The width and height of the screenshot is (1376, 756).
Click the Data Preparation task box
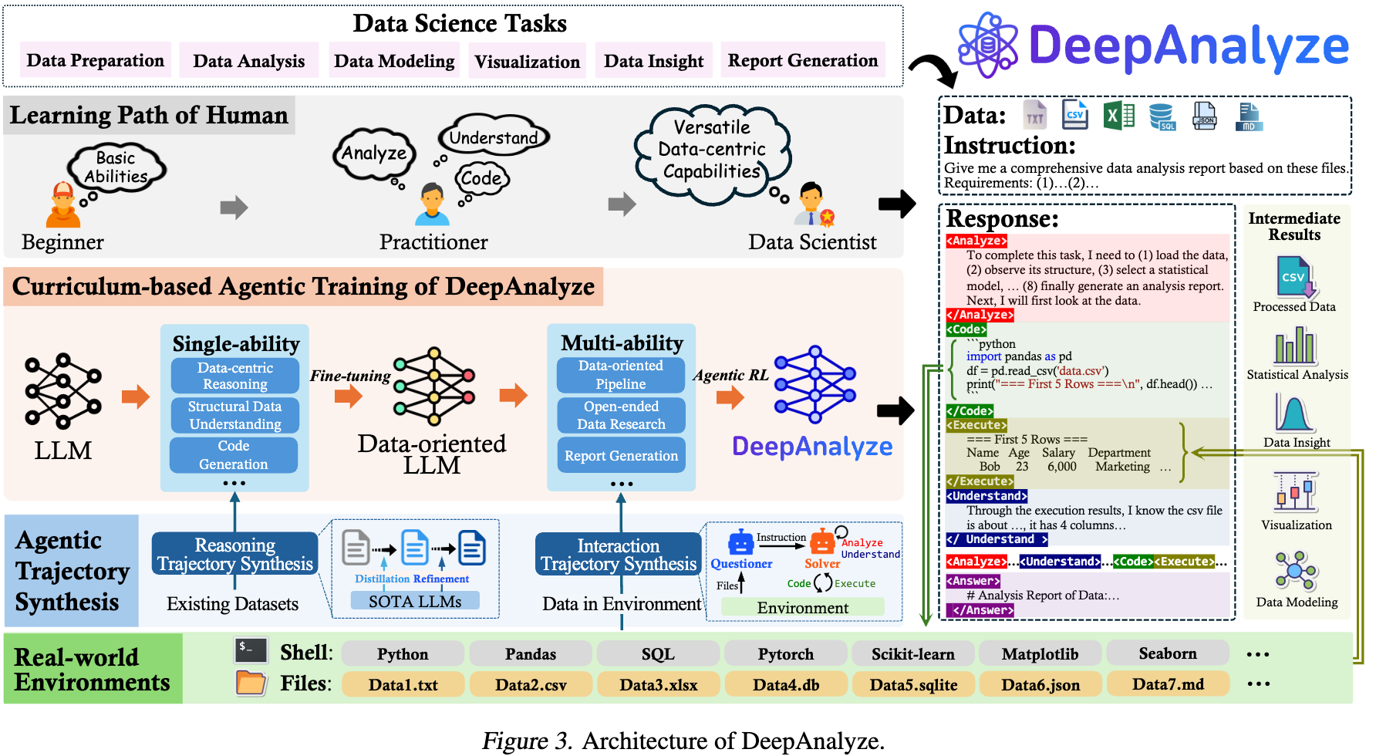[x=95, y=60]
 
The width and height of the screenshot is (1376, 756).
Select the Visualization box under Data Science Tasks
[x=527, y=61]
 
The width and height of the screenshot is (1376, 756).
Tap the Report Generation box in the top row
[x=802, y=60]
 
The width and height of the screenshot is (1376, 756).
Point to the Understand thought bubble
[x=494, y=137]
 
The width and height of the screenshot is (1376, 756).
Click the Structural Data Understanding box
[x=234, y=415]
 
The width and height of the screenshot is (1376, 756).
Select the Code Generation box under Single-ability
[x=234, y=455]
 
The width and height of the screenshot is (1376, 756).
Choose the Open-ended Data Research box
[x=621, y=415]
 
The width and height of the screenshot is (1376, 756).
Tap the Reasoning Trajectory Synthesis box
[x=234, y=554]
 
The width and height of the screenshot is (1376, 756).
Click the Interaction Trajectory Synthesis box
[x=619, y=555]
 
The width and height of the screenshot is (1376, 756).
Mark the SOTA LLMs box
[x=415, y=601]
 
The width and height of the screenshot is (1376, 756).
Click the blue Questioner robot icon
[x=740, y=542]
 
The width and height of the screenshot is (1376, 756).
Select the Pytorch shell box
[x=785, y=653]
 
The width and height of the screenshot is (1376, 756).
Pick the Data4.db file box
[x=785, y=684]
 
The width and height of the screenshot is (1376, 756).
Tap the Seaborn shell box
[x=1167, y=653]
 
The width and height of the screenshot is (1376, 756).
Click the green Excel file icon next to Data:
[x=1118, y=116]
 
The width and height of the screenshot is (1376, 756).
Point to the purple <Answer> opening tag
[x=973, y=581]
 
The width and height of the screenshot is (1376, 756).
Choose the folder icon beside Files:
[x=251, y=683]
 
